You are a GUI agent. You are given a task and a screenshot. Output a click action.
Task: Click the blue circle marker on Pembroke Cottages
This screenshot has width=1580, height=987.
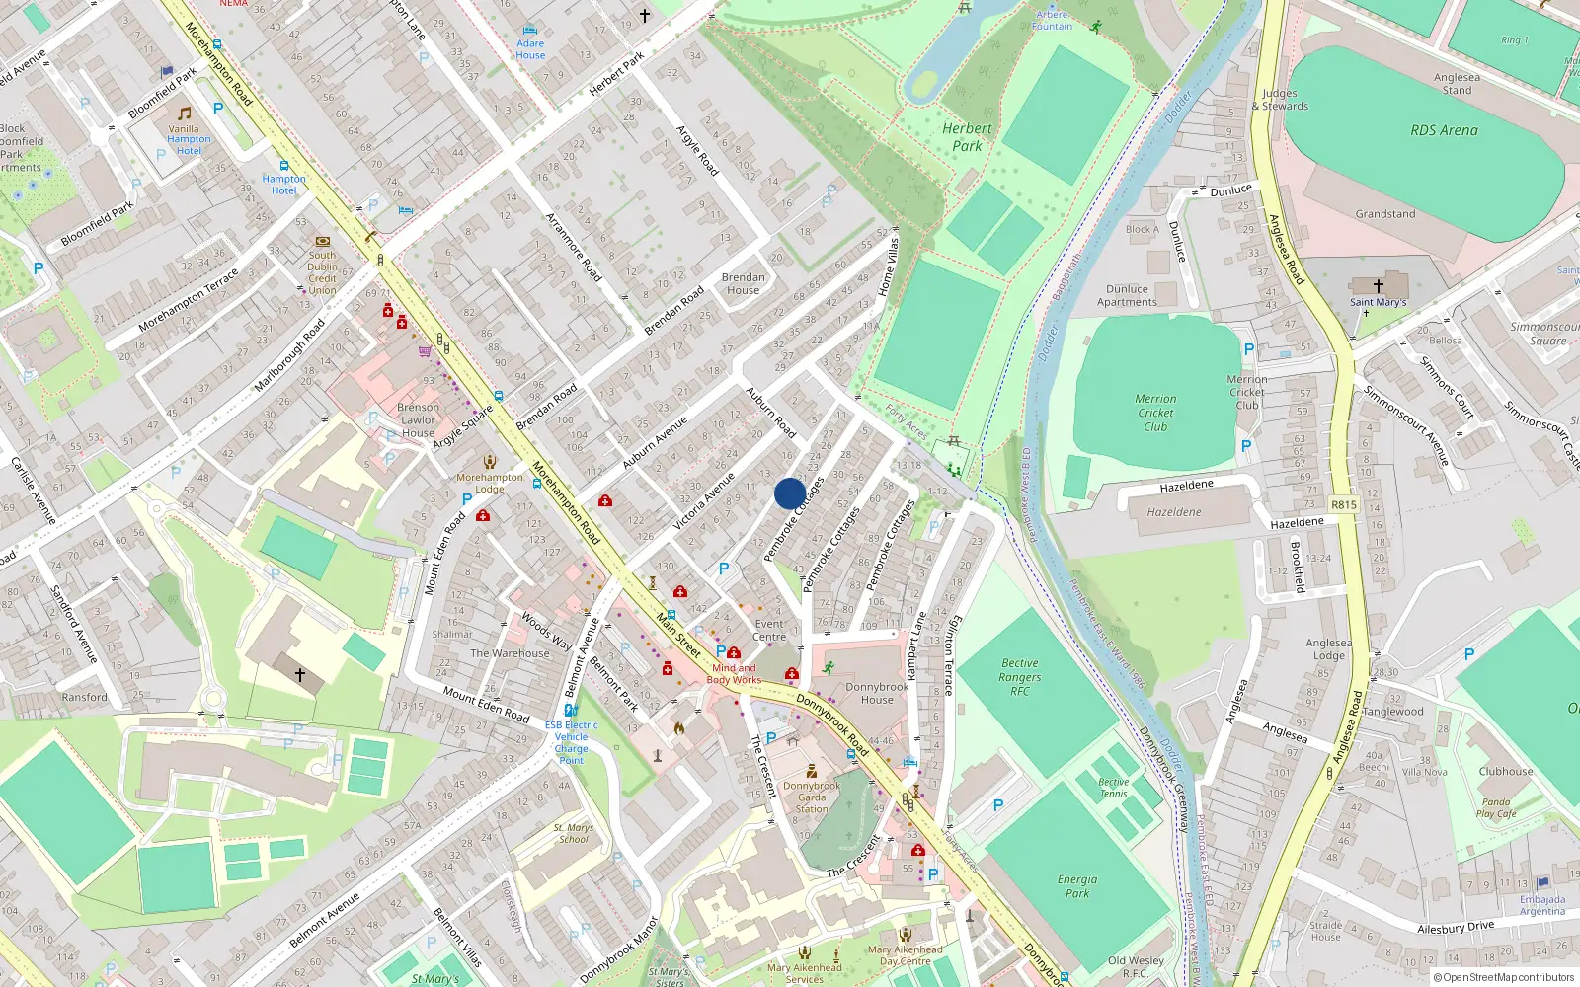point(789,493)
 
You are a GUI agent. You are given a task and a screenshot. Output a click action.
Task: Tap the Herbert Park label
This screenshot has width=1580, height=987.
point(967,137)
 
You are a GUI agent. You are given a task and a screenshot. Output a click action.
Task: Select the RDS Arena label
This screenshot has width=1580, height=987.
point(1444,130)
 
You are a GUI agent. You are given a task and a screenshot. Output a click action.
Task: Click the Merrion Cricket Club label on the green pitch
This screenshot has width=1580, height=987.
point(1155,413)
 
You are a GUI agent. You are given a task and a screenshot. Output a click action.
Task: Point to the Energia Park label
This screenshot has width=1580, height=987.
point(1076,885)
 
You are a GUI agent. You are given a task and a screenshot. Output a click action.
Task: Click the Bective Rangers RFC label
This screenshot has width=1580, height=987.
point(1019,677)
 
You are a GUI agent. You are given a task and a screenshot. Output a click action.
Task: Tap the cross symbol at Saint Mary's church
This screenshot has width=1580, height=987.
point(1379,285)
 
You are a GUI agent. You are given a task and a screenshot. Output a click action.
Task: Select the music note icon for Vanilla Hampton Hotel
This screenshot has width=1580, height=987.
point(184,114)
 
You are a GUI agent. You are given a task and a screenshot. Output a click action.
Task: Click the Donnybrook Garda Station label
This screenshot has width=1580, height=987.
point(812,797)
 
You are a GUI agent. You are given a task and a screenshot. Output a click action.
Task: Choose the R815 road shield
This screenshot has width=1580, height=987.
point(1343,504)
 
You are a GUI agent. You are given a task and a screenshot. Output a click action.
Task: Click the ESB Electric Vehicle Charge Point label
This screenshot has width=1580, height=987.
point(571,742)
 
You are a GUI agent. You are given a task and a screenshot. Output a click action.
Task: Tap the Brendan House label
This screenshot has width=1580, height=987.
point(743,284)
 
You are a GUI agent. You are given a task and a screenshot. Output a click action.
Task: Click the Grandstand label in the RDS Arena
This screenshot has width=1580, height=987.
point(1384,214)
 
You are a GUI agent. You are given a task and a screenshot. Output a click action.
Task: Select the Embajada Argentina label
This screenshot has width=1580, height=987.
point(1542,905)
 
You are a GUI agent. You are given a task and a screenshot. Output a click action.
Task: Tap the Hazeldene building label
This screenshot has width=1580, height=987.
point(1174,512)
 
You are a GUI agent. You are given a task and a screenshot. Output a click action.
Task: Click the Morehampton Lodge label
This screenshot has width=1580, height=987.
point(490,483)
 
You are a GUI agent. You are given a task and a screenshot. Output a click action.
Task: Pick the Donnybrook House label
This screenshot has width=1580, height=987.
point(876,693)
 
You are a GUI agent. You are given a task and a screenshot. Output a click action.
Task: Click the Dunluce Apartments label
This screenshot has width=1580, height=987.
point(1127,296)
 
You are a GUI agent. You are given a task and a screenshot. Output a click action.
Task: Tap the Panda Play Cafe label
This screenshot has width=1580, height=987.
point(1495,807)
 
